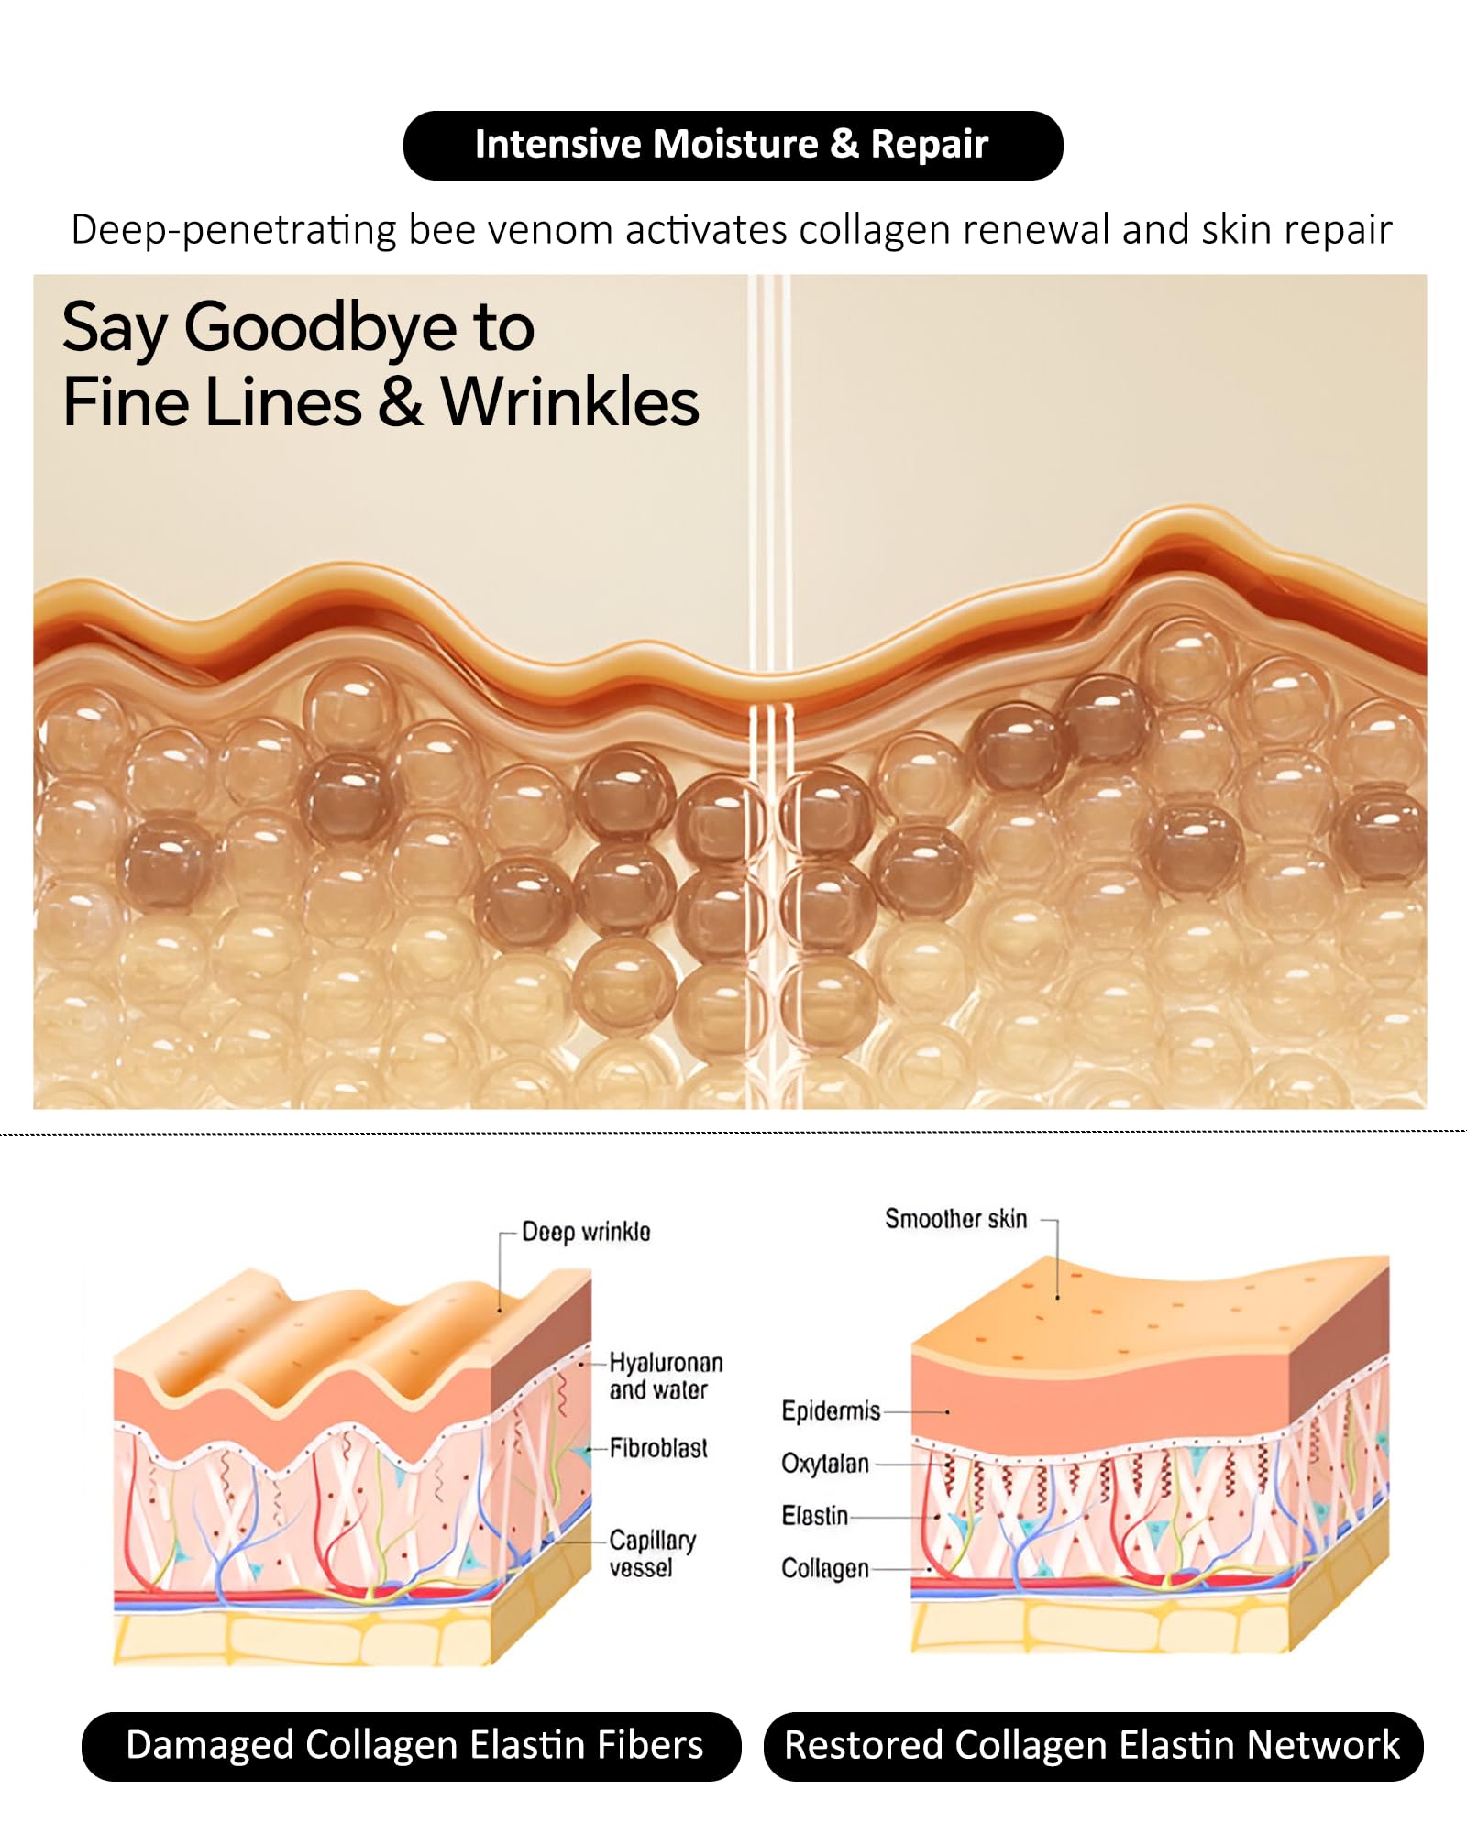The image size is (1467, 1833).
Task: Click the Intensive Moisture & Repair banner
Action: pos(732,145)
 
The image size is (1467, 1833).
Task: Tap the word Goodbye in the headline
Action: pos(320,327)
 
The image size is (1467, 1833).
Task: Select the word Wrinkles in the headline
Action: pos(569,402)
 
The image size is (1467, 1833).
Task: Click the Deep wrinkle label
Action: pos(586,1232)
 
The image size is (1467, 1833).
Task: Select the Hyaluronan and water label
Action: pos(666,1376)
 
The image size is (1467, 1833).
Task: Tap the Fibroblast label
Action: pos(658,1448)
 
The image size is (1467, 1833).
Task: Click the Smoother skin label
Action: pos(955,1219)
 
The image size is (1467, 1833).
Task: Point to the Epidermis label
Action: pos(831,1410)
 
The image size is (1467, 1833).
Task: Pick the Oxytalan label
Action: pos(824,1464)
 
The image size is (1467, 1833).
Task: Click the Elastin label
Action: pos(814,1516)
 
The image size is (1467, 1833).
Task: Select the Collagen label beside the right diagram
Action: pos(824,1568)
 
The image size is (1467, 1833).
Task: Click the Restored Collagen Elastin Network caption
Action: pos(1093,1746)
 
